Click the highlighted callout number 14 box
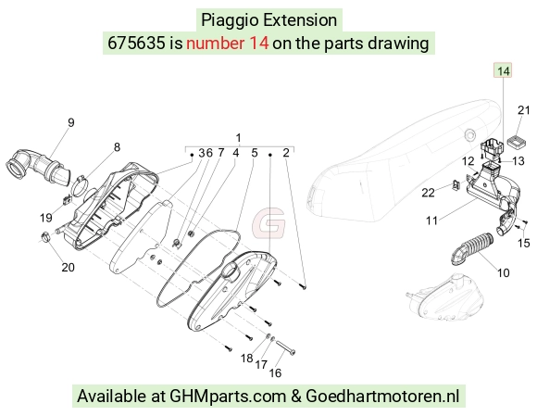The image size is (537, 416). coord(503,70)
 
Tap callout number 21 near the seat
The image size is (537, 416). coord(524,110)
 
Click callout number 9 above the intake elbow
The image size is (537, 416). coord(71,122)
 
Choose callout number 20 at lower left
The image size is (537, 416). coord(68,267)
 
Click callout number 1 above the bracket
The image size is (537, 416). coord(239,138)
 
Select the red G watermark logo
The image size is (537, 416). coord(268,222)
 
